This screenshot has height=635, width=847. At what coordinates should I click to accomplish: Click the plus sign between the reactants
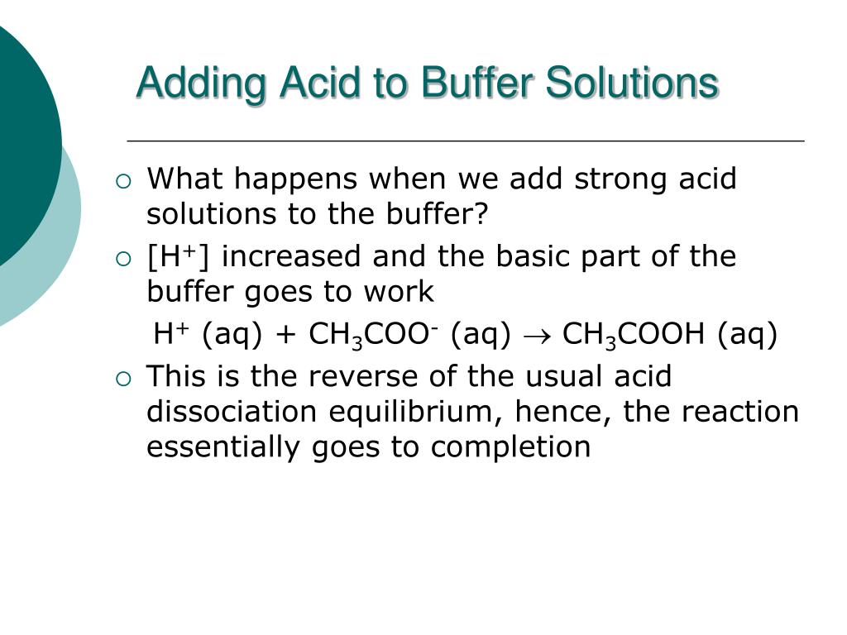(x=285, y=337)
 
